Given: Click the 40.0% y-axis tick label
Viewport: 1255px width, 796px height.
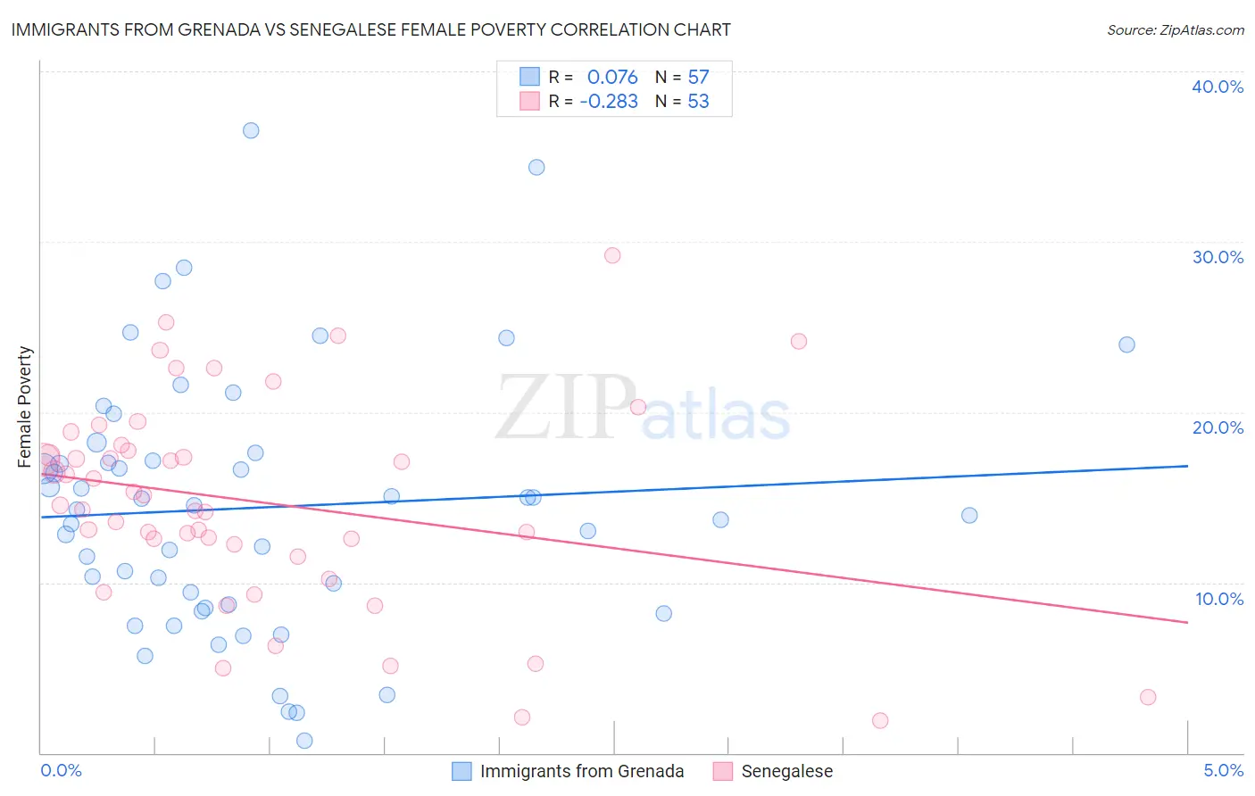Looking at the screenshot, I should coord(1218,87).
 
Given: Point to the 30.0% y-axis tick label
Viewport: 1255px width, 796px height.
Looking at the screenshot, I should coord(1218,257).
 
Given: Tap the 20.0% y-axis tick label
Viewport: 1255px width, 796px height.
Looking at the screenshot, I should coord(1218,427).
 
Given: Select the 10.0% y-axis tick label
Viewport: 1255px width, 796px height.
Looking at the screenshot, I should coord(1219,599).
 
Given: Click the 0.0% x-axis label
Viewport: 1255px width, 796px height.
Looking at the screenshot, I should coord(61,770).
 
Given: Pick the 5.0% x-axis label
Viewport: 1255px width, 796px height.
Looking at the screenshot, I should coord(1223,770).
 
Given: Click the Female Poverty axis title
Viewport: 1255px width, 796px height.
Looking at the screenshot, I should coord(25,407).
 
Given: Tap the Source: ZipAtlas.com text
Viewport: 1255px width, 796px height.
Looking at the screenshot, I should coord(1175,29).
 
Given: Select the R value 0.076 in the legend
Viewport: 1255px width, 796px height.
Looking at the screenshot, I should coord(612,77).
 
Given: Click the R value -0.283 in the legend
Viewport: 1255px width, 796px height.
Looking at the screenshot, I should coord(609,102).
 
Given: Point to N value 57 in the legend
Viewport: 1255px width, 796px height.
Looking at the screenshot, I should coord(698,77).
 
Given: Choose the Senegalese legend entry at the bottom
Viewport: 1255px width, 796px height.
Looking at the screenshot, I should coord(786,771).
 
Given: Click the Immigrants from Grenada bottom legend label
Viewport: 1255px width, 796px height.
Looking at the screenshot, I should coord(581,771).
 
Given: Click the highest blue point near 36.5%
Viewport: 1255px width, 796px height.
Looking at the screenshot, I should coord(251,130).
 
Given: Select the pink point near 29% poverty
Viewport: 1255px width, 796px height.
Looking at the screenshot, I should coord(612,255).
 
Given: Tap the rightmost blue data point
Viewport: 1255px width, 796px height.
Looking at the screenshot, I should coord(1126,344).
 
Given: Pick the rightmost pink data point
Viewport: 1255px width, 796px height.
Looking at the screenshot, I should coord(1148,697).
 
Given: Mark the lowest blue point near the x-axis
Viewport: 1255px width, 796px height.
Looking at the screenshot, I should coord(304,741).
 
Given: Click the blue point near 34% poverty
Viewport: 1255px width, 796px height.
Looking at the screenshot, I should coord(536,167).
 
